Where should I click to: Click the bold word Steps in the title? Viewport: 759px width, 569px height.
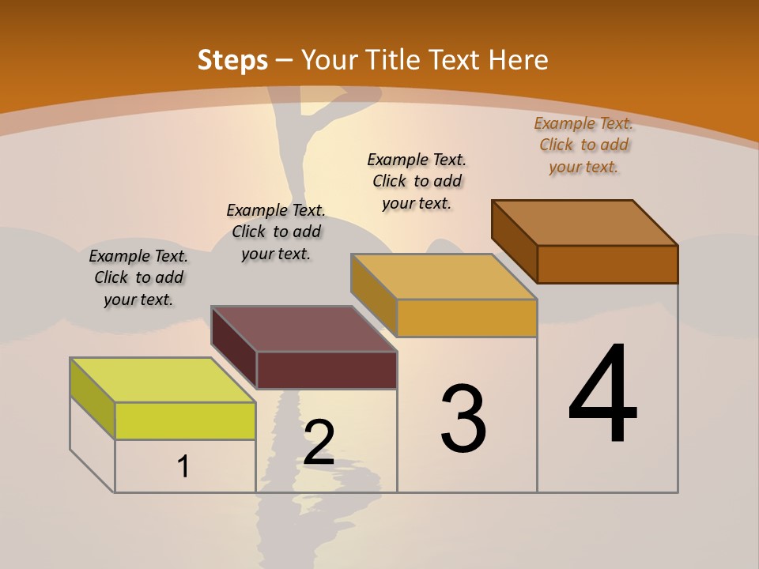(232, 60)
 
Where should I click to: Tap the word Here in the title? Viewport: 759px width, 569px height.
(518, 60)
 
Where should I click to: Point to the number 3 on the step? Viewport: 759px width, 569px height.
(463, 419)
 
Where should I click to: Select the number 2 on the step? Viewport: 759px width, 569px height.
(319, 443)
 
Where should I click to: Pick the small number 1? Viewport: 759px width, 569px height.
(183, 466)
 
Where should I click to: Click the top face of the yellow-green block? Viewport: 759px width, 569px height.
(163, 380)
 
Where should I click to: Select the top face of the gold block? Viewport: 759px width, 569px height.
(444, 277)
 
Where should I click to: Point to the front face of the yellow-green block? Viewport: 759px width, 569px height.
(185, 420)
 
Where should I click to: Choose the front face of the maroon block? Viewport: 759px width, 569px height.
(327, 370)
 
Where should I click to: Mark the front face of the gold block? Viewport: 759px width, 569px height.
(466, 318)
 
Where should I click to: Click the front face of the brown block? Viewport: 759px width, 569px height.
(607, 264)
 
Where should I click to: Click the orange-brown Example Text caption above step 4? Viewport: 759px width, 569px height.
(583, 145)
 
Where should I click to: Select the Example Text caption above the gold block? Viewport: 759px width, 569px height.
(417, 181)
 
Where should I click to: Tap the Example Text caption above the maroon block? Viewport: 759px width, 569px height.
(276, 232)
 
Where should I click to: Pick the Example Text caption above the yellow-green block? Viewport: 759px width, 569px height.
(138, 277)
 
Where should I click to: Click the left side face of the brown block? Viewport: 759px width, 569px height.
(514, 241)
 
